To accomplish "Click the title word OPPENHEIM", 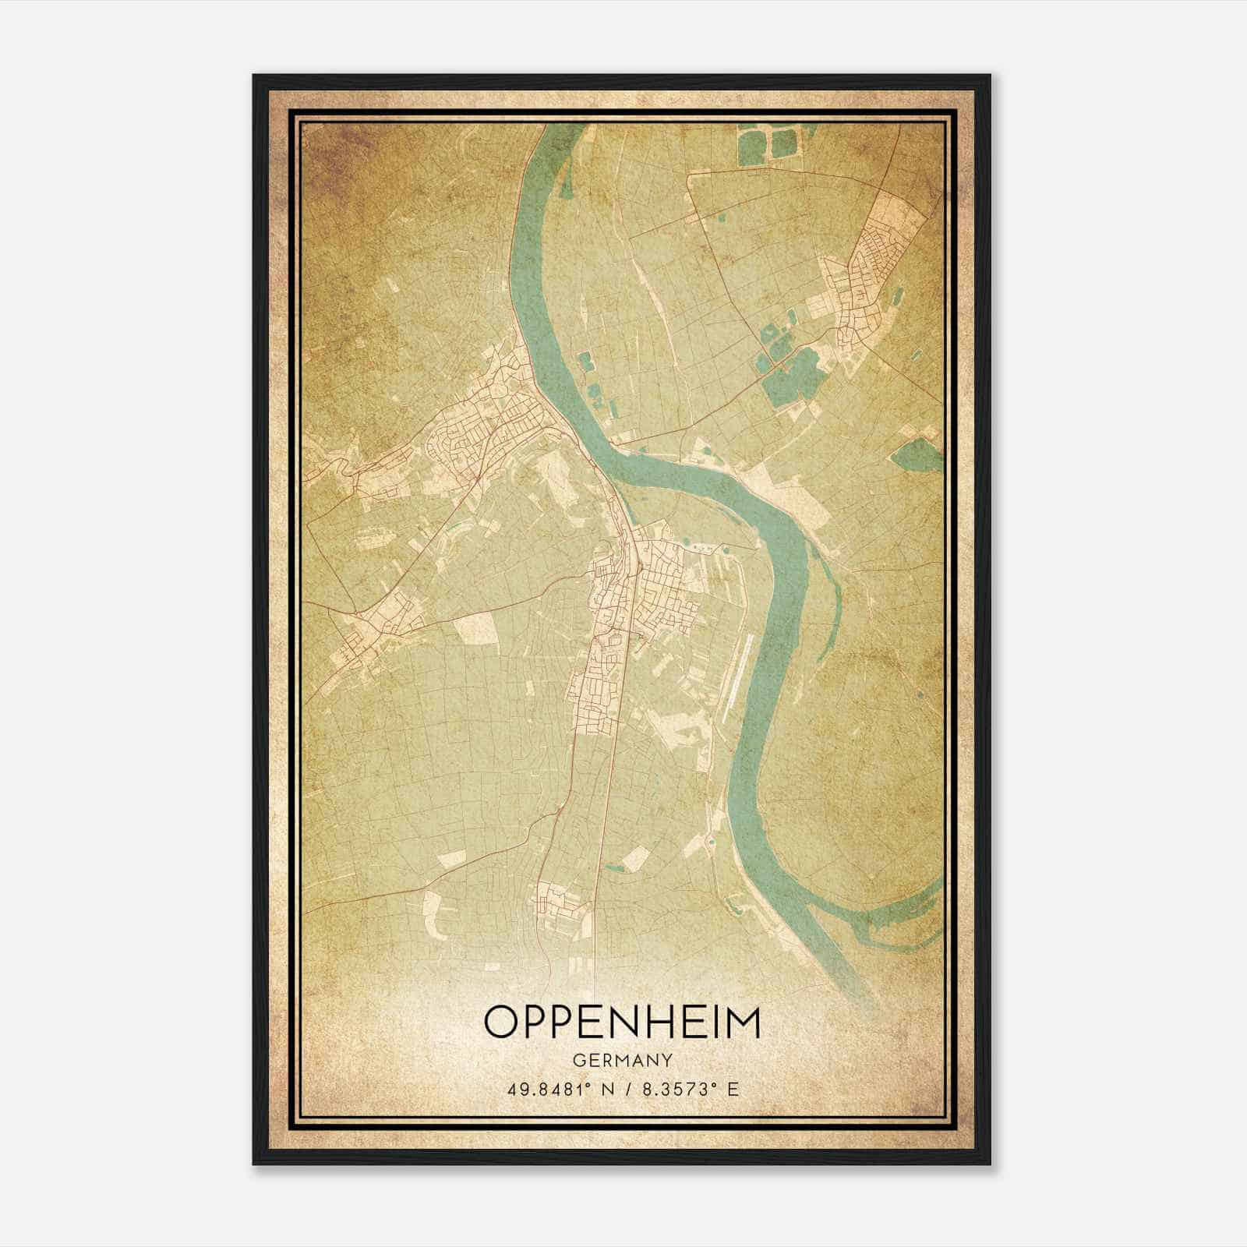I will [622, 1023].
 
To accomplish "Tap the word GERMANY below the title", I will [622, 1061].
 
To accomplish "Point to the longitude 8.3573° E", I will [689, 1089].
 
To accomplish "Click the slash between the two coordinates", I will [628, 1089].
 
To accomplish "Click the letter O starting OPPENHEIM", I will [501, 1022].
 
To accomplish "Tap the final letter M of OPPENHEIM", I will [742, 1022].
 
